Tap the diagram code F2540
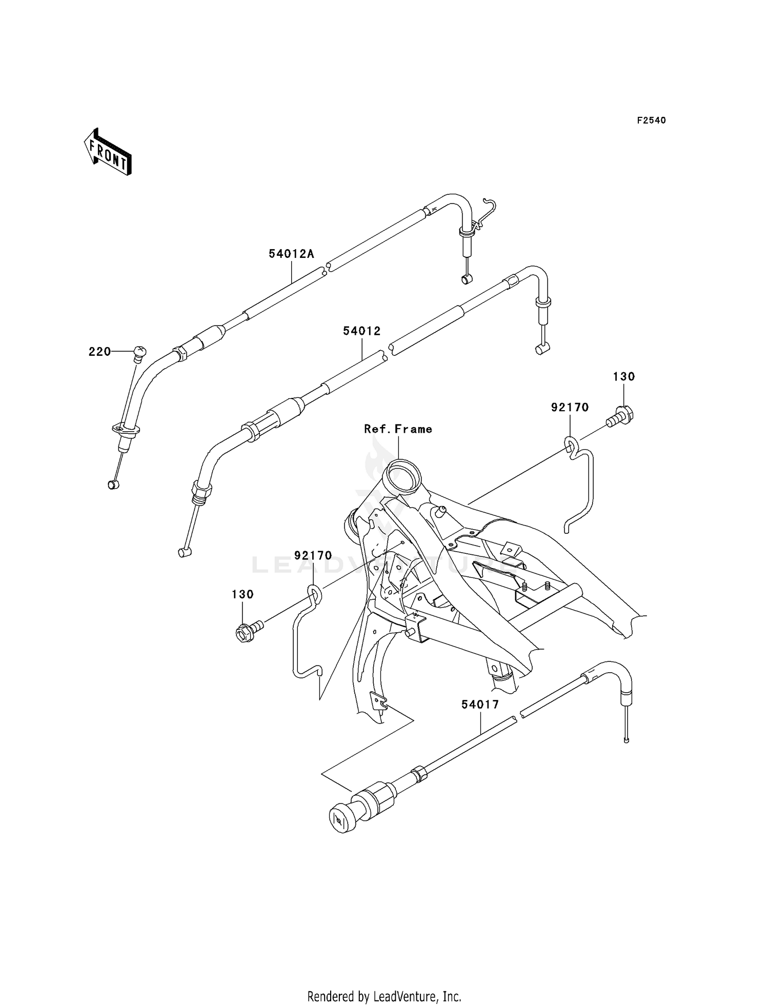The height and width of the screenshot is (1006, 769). click(652, 120)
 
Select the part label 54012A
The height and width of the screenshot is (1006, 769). click(291, 254)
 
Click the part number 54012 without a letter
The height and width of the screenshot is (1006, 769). click(362, 331)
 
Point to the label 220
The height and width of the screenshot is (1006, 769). click(99, 352)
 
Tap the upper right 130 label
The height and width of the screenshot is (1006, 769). click(623, 377)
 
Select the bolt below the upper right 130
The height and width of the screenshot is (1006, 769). click(620, 416)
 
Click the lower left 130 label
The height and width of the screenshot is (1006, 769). click(242, 594)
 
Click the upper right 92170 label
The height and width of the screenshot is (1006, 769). click(570, 408)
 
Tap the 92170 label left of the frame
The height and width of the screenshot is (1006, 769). click(313, 556)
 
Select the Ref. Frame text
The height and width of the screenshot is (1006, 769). click(398, 429)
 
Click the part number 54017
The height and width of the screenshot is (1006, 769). click(480, 705)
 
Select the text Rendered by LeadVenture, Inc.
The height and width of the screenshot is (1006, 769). click(385, 996)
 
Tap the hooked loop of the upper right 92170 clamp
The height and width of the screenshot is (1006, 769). click(571, 444)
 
